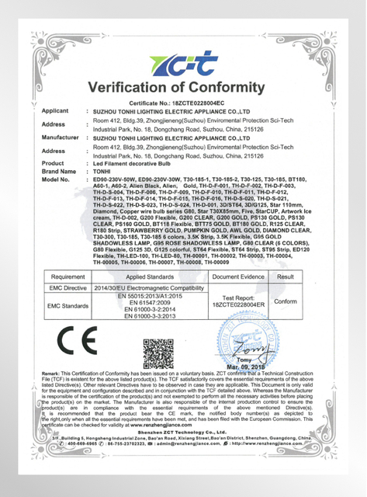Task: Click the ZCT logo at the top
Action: pos(184,57)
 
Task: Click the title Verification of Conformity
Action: pos(184,86)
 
